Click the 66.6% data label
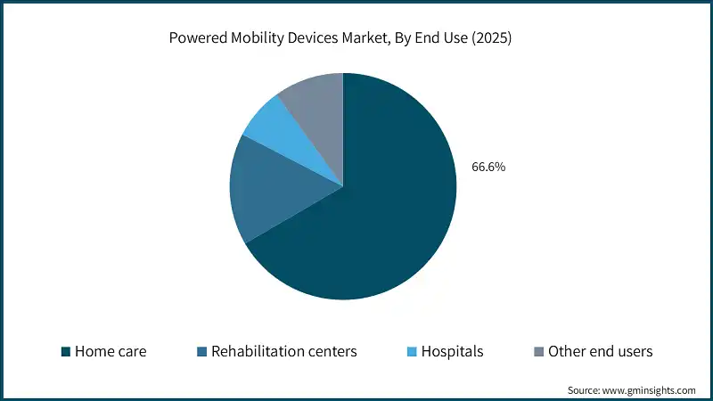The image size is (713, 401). [488, 167]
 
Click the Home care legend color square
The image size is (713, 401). [65, 352]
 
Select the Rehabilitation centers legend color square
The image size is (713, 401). [201, 352]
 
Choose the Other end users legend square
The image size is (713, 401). [538, 352]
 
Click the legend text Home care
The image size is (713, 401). [111, 352]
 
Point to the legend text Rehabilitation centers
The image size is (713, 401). [283, 352]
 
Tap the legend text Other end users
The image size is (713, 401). [600, 352]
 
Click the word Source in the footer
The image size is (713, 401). [584, 390]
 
